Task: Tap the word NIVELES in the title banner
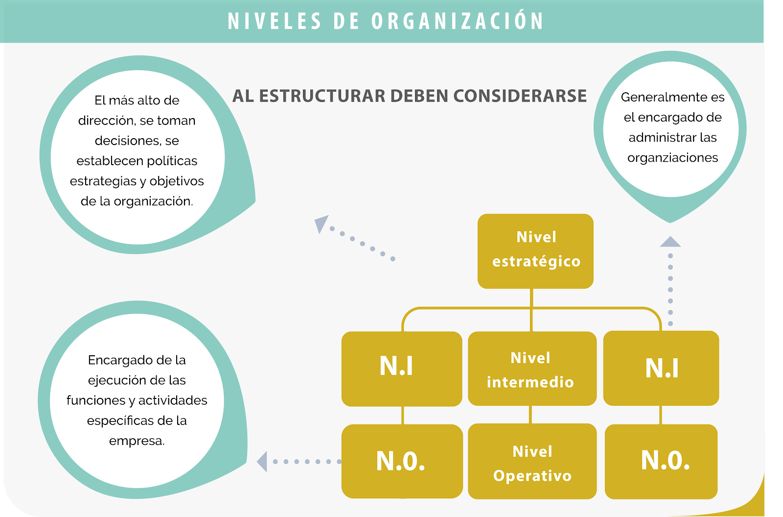(275, 21)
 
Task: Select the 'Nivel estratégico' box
(535, 251)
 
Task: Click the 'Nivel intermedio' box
(532, 369)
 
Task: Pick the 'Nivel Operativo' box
(532, 461)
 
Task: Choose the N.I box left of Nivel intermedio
(402, 369)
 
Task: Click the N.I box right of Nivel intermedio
(661, 368)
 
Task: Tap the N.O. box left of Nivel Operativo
(402, 461)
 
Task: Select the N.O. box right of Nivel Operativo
(661, 462)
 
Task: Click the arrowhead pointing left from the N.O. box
(262, 462)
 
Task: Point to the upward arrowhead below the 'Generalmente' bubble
(670, 242)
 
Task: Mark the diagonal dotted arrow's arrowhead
(321, 223)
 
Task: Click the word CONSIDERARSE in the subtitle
(520, 96)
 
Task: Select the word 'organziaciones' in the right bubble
(672, 158)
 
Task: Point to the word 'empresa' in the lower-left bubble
(136, 441)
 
